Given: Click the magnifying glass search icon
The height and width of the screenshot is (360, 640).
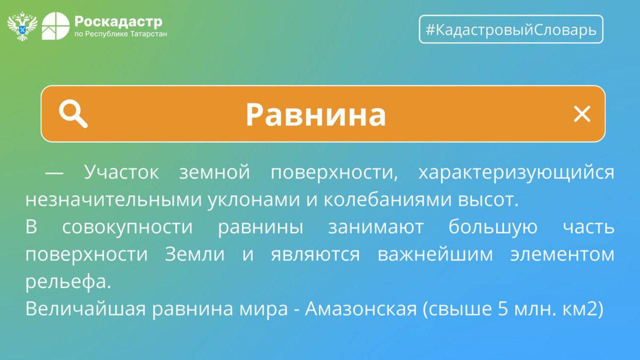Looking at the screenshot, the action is click(73, 114).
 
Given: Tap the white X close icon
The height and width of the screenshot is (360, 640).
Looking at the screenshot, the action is click(582, 114).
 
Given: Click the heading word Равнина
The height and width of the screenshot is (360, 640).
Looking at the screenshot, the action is click(316, 115).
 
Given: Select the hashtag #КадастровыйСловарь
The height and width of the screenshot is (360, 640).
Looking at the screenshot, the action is click(511, 30).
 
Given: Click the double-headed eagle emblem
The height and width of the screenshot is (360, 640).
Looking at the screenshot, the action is click(22, 26).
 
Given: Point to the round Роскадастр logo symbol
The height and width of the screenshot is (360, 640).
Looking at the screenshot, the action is click(56, 26).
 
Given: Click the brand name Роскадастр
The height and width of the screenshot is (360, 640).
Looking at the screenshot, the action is click(118, 22).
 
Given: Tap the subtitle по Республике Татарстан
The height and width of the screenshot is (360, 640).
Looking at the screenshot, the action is click(120, 34).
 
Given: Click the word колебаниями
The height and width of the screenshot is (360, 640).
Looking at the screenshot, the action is click(388, 199).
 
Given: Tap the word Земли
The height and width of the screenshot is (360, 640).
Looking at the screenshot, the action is click(195, 254).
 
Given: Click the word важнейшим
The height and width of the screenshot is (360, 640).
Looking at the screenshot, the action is click(435, 254).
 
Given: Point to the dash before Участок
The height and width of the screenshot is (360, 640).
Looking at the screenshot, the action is click(54, 173).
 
